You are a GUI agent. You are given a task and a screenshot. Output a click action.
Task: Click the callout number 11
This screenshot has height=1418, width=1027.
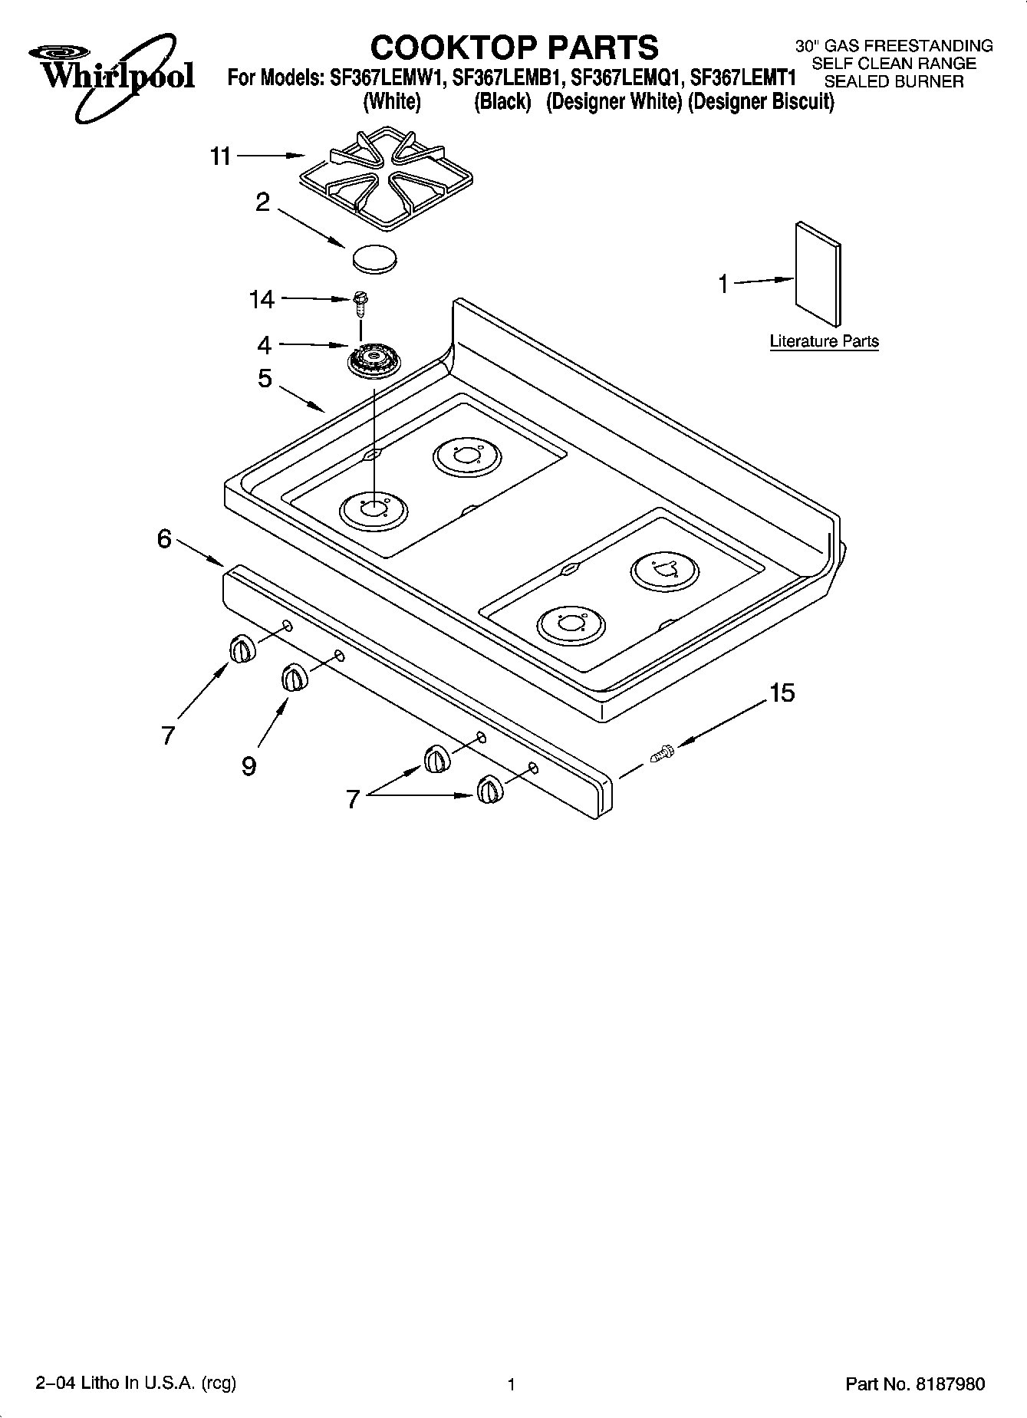221,156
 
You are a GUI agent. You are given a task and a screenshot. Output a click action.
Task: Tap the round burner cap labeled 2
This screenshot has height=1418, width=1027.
375,257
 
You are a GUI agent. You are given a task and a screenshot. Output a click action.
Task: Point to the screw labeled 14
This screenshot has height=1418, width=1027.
359,303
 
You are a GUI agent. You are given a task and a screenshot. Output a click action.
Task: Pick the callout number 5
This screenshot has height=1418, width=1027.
265,378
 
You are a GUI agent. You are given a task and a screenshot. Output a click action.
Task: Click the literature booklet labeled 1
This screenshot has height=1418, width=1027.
818,274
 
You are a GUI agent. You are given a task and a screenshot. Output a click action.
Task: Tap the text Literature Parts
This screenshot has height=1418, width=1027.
824,341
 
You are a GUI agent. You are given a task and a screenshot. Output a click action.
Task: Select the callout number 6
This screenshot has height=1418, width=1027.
164,539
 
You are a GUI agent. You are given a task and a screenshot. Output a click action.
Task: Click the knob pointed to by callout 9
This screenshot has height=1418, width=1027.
293,678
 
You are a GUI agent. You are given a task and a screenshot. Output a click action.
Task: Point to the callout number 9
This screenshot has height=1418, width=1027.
249,765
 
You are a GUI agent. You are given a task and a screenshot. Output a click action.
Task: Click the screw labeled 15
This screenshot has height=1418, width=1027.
661,753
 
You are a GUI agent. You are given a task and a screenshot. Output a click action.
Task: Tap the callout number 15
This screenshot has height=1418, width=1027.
782,693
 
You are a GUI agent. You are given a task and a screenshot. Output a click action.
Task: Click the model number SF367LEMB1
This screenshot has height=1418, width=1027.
509,78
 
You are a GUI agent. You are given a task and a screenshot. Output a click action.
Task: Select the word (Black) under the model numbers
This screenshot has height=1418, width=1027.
502,101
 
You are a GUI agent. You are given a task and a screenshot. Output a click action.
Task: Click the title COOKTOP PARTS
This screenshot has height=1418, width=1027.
514,47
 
